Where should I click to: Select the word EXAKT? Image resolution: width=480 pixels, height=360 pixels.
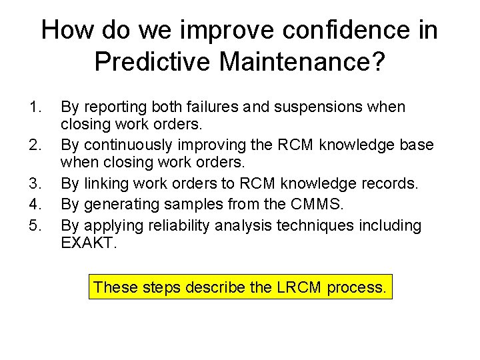point(87,243)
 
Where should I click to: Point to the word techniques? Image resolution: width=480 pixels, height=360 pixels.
point(308,225)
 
